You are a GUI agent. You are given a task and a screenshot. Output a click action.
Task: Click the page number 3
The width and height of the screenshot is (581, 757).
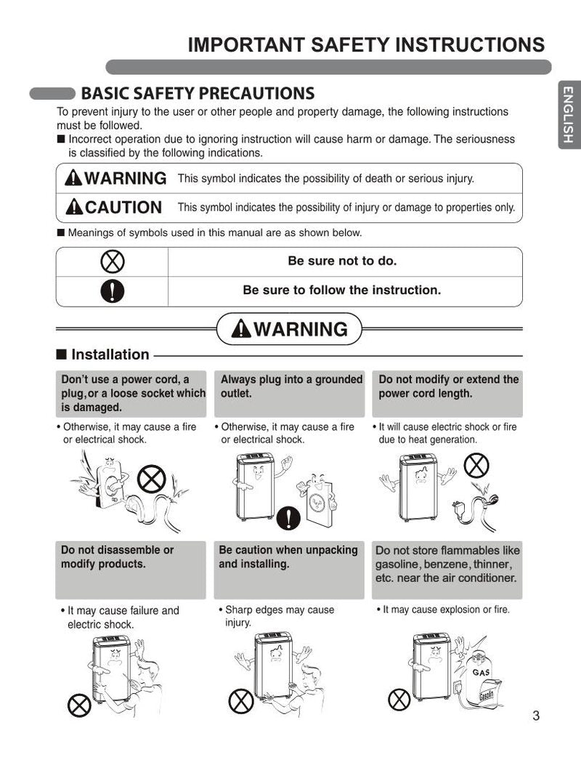pos(536,716)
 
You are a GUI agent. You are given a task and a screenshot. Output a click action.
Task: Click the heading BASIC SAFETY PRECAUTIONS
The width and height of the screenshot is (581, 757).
pos(198,94)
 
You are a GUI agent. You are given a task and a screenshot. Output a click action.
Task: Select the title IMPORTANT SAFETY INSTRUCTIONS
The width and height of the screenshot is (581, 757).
pos(366,45)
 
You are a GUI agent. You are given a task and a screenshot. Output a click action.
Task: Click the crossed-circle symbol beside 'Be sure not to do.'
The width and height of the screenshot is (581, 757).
pos(113,262)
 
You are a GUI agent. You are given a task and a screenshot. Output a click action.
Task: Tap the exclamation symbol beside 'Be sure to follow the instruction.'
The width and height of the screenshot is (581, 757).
pos(113,291)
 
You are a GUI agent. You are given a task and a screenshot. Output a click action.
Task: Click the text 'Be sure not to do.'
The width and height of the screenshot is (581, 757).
pos(343,262)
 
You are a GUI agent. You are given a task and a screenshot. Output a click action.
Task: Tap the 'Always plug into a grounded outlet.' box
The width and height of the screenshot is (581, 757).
pos(291,393)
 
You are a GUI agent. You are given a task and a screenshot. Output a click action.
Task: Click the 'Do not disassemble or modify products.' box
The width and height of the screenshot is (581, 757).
pos(131,570)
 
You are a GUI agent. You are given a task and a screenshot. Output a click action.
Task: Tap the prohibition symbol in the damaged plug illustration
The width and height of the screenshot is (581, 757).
pos(152,479)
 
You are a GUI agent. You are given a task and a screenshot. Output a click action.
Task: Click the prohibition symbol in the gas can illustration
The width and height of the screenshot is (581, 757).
pos(399,700)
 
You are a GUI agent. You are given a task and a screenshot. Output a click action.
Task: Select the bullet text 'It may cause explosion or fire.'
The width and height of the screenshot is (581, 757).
pos(445,610)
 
